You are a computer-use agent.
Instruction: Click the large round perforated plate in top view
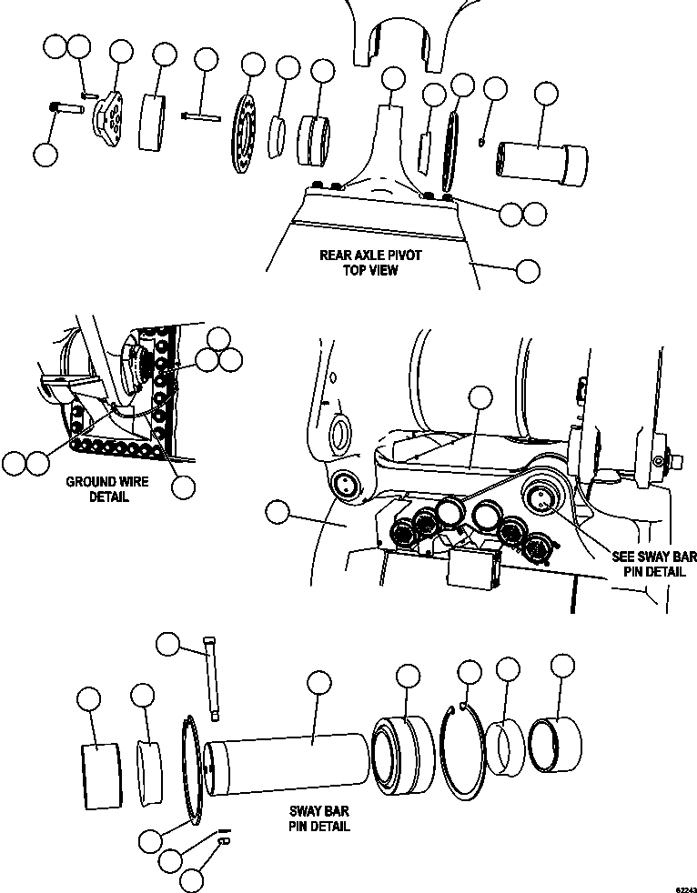pyautogui.click(x=246, y=135)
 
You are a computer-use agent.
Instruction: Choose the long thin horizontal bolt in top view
pyautogui.click(x=202, y=115)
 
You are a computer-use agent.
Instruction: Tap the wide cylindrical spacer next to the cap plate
pyautogui.click(x=156, y=121)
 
